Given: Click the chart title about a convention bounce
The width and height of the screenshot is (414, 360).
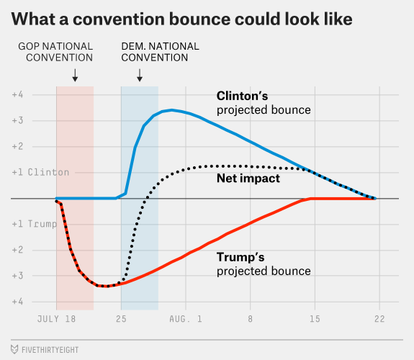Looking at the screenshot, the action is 181,19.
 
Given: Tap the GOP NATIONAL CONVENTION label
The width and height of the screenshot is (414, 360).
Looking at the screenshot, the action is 55,52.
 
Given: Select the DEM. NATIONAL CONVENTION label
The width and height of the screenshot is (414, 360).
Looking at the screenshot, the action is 160,52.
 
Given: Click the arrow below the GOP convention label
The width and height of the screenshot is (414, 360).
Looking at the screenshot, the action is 75,76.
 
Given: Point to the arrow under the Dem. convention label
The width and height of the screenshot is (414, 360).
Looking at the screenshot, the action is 140,76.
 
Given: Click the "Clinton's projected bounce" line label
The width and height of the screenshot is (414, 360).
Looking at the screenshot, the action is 264,103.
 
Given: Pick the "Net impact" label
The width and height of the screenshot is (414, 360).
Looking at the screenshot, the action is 248,179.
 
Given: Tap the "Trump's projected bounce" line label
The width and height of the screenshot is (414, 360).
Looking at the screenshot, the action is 264,264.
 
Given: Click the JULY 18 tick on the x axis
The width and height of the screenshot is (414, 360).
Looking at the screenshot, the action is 56,319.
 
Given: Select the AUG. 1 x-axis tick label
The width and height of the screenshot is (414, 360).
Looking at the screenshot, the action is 186,319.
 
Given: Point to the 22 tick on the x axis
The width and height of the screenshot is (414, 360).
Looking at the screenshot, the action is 379,319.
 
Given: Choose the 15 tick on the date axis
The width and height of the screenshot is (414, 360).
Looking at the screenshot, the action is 315,319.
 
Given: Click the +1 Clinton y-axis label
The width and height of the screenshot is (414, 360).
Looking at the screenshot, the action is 40,172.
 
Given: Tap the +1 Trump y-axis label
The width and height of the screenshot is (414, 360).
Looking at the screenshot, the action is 35,224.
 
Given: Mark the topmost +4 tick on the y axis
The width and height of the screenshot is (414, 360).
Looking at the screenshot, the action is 17,94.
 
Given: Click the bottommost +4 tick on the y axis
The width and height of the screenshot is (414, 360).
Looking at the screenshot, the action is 17,302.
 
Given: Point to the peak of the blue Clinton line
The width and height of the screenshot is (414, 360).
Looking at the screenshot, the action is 172,110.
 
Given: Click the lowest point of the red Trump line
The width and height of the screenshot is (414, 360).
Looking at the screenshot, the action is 106,286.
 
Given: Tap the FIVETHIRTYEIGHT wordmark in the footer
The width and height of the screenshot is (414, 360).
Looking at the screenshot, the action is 50,350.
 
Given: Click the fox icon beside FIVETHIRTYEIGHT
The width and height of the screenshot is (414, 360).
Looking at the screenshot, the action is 14,349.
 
